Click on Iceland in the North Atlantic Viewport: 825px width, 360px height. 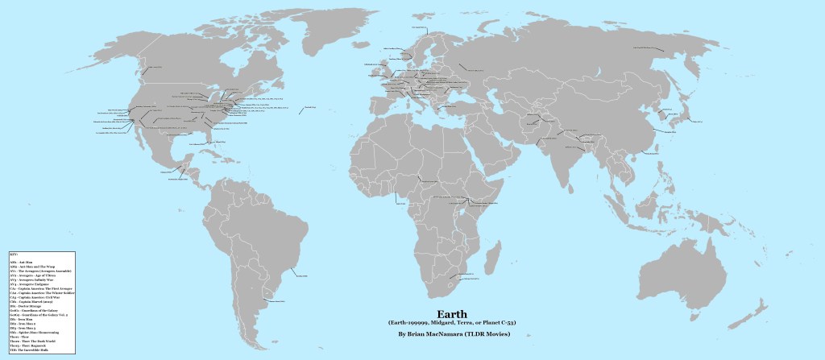point(354,49)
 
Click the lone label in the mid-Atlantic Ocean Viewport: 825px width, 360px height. point(307,110)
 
